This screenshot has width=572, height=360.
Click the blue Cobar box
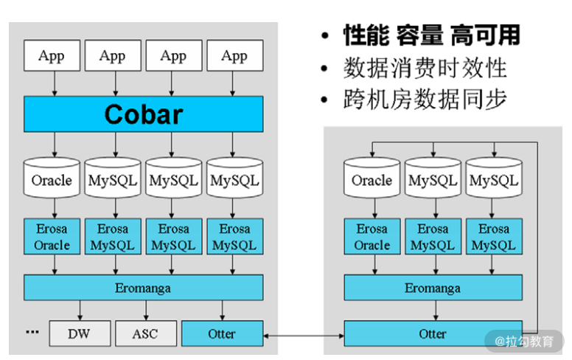(143, 114)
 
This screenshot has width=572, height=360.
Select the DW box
(79, 333)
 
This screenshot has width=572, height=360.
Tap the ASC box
(145, 333)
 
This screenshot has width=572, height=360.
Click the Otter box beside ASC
(221, 333)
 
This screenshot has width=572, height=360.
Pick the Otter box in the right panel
(433, 333)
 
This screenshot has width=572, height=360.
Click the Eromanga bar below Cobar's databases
(143, 287)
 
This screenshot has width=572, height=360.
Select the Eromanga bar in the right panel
(433, 287)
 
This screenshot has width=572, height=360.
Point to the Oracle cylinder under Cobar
(52, 179)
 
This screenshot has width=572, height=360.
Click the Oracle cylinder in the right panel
(372, 179)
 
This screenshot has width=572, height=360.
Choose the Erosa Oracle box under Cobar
(52, 237)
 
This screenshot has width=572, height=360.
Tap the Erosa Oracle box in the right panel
(372, 237)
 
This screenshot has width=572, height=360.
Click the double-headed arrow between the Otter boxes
(303, 336)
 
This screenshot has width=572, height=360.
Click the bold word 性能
(365, 35)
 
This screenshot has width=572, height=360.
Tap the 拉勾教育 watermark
(528, 342)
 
